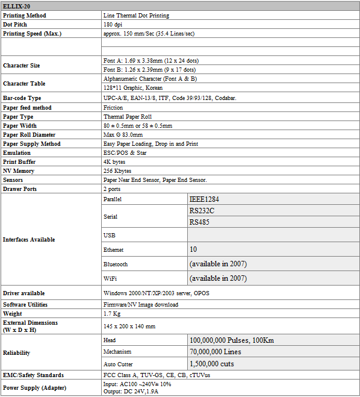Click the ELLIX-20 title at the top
[17, 6]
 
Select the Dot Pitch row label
[17, 25]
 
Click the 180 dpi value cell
[114, 25]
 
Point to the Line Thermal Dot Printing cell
[136, 16]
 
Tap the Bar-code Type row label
[22, 98]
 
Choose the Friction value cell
[113, 108]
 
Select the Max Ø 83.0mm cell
[122, 135]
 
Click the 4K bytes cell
[115, 162]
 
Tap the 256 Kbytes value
[117, 171]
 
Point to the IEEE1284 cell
[205, 198]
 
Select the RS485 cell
[200, 222]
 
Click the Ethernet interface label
[114, 249]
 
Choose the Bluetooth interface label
[116, 264]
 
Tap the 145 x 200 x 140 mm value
[129, 326]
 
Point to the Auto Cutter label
[118, 364]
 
